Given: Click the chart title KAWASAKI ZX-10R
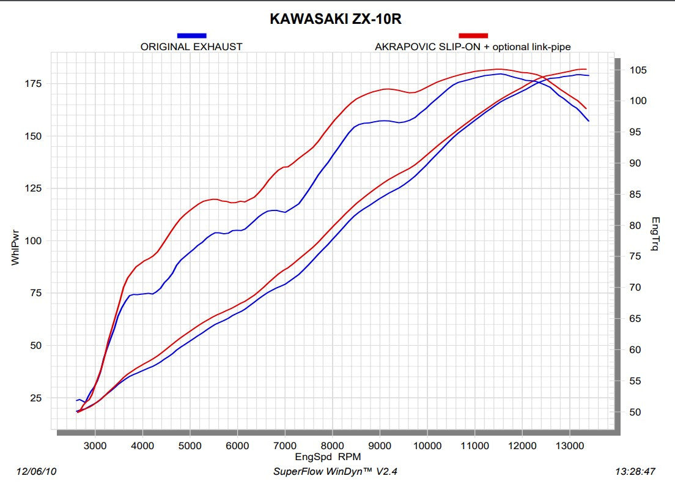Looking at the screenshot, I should pos(336,20).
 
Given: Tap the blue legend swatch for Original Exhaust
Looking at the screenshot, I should pos(191,36).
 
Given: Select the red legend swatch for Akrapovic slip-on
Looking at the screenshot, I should pos(473,36).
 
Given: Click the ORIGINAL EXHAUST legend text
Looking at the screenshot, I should pos(191,47).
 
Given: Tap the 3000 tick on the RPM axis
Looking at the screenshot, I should pos(95,445).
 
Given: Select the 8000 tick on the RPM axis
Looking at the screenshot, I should pos(332,445).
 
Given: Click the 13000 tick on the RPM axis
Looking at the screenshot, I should pos(569,445).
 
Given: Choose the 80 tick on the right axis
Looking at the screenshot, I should pos(635,226).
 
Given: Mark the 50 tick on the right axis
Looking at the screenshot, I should pos(635,412).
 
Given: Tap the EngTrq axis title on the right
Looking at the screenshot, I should pos(655,235).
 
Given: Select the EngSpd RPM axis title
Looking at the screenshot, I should pos(328,456).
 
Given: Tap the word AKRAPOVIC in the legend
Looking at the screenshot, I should pos(402,47).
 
